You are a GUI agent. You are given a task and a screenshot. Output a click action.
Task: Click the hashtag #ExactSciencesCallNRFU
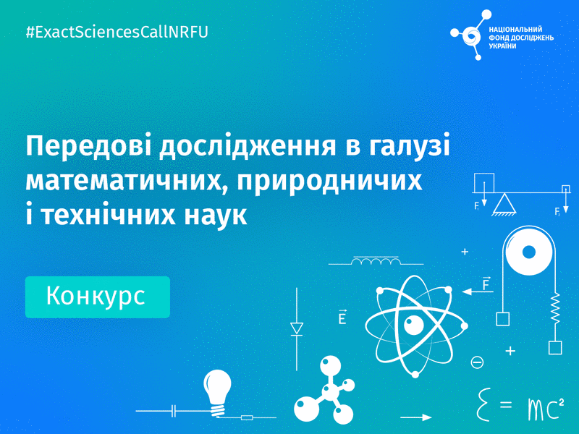(x=117, y=32)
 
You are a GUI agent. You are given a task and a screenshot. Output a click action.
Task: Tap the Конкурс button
(x=98, y=297)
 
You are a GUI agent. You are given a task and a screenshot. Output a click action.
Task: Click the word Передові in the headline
(x=88, y=147)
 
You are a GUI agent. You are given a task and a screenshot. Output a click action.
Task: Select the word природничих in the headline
(x=330, y=182)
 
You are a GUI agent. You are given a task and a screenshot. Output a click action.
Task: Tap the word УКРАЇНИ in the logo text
(x=502, y=46)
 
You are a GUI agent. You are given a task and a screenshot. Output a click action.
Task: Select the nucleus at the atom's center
(x=413, y=325)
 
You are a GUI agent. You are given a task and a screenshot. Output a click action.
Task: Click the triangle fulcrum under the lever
(x=504, y=205)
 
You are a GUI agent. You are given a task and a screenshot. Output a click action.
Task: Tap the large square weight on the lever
(x=484, y=183)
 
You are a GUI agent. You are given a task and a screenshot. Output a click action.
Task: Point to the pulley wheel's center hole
(x=529, y=252)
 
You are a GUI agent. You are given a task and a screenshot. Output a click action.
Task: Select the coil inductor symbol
(x=376, y=261)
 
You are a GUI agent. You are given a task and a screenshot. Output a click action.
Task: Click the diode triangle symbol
(x=297, y=328)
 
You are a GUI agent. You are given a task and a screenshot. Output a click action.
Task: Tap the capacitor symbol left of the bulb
(x=174, y=410)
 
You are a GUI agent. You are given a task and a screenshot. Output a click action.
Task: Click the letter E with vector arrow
(x=342, y=316)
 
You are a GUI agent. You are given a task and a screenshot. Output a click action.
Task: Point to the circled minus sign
(x=477, y=362)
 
